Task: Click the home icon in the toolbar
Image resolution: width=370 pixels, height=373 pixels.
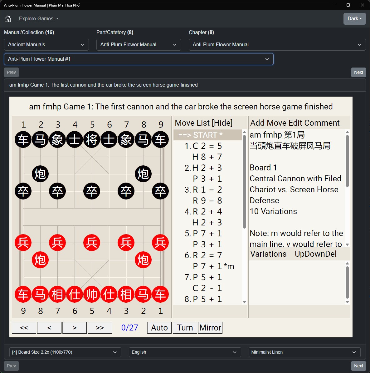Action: coord(8,18)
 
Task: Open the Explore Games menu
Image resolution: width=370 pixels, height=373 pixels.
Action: coord(39,18)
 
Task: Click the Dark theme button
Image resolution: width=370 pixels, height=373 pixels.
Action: coord(355,18)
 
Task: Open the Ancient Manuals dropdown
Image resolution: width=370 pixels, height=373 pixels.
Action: coord(46,45)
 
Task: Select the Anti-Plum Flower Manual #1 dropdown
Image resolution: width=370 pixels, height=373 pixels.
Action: coord(139,59)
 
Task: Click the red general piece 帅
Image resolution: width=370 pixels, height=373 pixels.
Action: coord(92,294)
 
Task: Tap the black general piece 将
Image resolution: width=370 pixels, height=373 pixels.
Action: coord(92,139)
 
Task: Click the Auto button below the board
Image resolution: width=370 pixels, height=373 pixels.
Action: coord(159,328)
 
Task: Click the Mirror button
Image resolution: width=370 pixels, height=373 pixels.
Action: coord(210,328)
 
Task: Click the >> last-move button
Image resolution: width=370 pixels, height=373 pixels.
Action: coord(100,328)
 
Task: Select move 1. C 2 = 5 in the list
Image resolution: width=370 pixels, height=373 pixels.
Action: coord(203,146)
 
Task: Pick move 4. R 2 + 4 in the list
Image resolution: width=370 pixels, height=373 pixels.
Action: coord(203,211)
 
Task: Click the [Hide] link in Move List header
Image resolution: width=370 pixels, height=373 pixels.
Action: coord(222,123)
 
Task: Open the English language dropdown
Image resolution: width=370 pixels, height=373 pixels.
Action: coord(185,352)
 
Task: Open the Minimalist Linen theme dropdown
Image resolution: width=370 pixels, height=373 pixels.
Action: coord(304,352)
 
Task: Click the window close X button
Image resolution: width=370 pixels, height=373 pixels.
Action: coord(363,5)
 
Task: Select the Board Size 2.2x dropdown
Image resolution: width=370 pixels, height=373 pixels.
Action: coord(65,352)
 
